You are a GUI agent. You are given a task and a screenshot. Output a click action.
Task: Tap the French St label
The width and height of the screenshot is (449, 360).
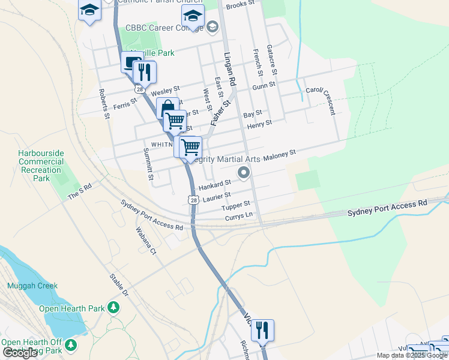[x=258, y=62]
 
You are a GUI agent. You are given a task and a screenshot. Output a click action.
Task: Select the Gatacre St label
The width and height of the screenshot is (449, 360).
[x=272, y=59]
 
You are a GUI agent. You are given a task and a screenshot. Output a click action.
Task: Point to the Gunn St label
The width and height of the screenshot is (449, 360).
[x=264, y=86]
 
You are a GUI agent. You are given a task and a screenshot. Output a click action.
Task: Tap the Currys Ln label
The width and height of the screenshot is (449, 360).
[x=240, y=215]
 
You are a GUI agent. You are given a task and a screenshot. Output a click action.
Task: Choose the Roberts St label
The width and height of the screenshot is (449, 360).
[x=104, y=104]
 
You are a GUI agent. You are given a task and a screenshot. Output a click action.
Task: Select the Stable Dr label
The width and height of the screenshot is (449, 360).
[x=119, y=285]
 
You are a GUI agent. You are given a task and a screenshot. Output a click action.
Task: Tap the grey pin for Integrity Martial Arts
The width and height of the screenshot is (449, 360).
[x=244, y=173]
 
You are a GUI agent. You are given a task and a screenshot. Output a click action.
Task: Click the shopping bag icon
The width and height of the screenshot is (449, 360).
[x=167, y=108]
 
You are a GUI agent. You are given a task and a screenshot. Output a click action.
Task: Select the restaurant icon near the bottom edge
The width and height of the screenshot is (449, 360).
[x=262, y=330]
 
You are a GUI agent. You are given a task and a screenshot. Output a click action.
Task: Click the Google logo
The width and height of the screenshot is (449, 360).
[x=20, y=353]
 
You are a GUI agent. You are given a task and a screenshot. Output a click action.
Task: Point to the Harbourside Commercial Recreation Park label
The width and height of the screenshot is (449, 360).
[x=41, y=166]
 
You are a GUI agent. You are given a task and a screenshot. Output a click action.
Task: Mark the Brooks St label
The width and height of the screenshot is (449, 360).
[x=236, y=5]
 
